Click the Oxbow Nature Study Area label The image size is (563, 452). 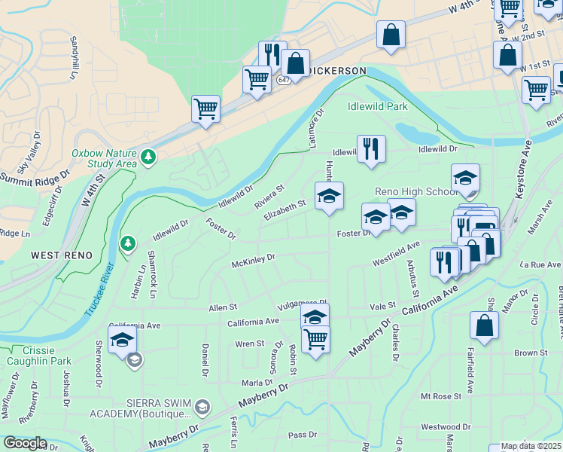click(104, 157)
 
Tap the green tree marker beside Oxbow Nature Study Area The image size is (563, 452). click(149, 156)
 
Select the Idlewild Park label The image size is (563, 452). click(377, 107)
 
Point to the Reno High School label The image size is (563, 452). click(415, 192)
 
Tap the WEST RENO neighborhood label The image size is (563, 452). click(62, 256)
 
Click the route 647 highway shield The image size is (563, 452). click(283, 80)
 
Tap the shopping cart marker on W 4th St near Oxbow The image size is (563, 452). click(205, 108)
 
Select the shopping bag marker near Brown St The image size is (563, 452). click(484, 325)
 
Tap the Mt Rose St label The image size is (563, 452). click(440, 395)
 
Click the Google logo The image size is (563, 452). click(24, 443)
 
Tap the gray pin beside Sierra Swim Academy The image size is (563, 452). click(202, 408)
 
